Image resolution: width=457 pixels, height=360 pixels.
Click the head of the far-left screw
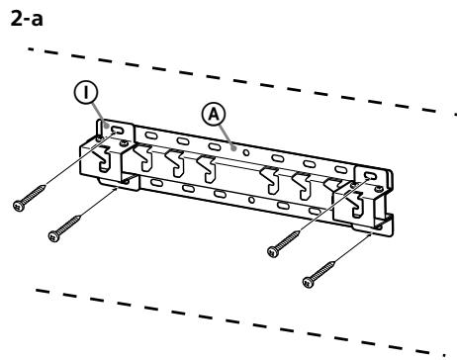18,205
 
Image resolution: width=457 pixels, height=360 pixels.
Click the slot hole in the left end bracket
116,130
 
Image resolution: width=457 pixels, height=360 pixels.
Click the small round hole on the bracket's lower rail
255,200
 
